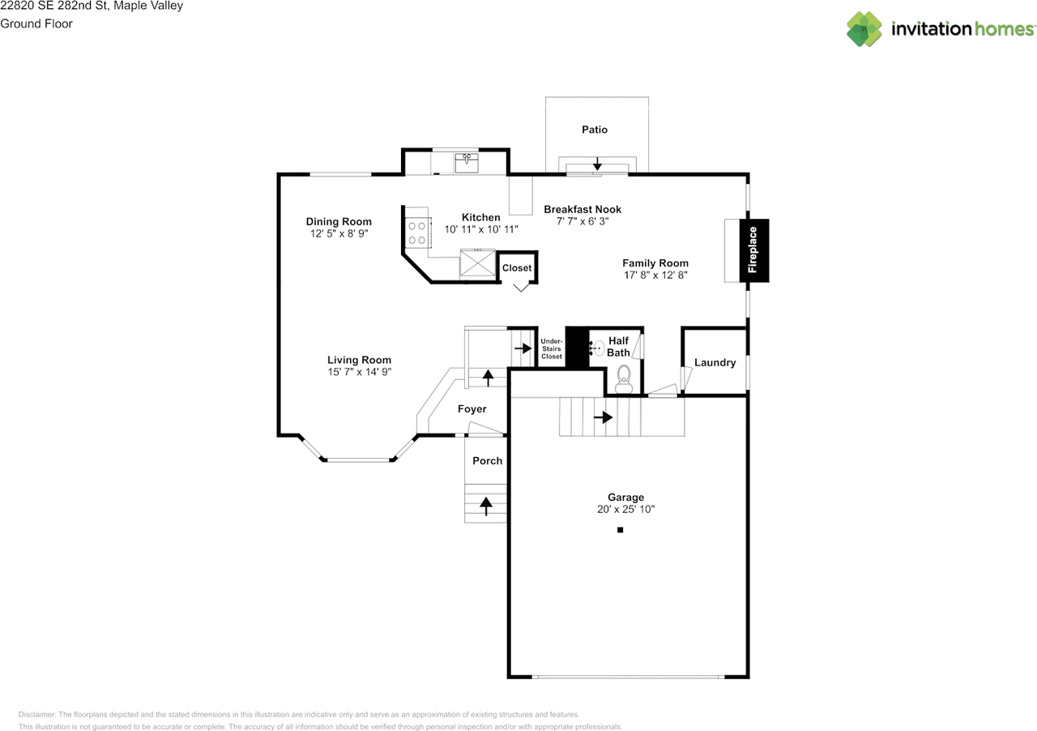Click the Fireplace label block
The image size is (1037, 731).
[753, 250]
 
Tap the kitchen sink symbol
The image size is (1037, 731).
[467, 162]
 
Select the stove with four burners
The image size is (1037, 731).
[417, 233]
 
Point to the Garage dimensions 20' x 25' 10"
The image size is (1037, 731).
[625, 510]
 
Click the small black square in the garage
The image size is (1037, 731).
[620, 530]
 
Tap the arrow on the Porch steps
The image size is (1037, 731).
[486, 507]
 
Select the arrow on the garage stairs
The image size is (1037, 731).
[603, 417]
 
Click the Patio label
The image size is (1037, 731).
[595, 130]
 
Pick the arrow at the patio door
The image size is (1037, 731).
[597, 162]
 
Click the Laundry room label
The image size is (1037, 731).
[715, 362]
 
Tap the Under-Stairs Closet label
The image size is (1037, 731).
[552, 348]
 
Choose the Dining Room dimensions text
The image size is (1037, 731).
[339, 233]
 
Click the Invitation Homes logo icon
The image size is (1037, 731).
[864, 29]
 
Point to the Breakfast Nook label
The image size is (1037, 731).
[583, 209]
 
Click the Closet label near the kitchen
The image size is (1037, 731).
[517, 268]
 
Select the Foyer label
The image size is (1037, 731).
[472, 409]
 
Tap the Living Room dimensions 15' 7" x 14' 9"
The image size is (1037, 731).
[359, 372]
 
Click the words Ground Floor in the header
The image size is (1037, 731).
[36, 24]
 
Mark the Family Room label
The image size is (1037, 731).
[655, 263]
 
